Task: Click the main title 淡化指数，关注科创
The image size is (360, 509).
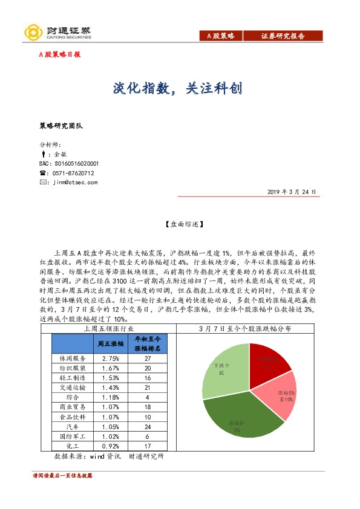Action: coord(178,88)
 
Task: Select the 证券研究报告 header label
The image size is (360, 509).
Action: coord(283,36)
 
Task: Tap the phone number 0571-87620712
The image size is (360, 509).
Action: coord(74,173)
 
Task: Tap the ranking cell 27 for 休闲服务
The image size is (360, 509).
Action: coord(148,358)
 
